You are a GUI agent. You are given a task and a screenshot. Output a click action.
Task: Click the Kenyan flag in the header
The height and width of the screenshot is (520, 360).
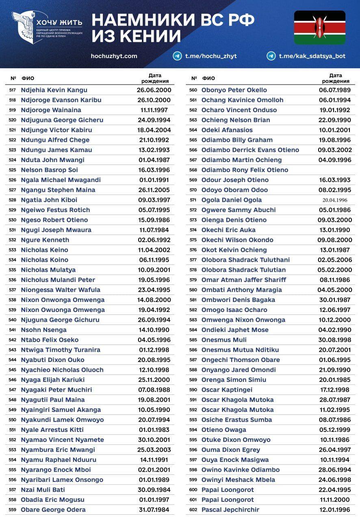(319, 28)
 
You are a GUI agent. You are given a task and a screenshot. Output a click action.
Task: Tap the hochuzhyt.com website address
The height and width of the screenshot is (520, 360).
(114, 56)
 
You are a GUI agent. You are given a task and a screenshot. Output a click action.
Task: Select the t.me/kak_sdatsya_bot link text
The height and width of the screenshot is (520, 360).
(312, 56)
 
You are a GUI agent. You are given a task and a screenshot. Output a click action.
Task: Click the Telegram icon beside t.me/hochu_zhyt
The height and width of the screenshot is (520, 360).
(177, 56)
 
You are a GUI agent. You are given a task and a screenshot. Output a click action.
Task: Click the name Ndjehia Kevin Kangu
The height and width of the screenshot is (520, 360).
(54, 90)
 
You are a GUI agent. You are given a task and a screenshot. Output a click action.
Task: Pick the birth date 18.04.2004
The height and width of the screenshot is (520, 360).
(154, 130)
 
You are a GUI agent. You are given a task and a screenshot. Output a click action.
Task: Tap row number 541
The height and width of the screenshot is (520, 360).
(13, 330)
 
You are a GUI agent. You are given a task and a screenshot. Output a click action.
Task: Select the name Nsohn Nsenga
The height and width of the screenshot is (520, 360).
(43, 330)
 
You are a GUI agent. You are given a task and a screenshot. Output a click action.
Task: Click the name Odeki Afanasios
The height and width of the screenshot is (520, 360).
(227, 130)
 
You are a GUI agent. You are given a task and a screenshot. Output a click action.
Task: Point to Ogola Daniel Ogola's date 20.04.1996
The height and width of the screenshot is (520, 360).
(335, 200)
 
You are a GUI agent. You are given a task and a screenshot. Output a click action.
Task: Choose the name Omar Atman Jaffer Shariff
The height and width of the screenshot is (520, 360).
(243, 280)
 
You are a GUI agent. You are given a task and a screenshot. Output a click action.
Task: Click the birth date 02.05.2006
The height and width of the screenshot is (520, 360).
(335, 260)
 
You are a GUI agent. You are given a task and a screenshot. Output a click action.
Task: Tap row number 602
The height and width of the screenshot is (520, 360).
(193, 510)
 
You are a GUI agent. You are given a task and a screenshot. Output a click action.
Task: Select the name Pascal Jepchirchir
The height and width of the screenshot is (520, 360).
(230, 510)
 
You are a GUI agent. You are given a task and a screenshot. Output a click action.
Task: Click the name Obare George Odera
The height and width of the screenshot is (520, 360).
(53, 510)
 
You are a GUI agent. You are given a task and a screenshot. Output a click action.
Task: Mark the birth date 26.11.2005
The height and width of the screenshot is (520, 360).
(154, 190)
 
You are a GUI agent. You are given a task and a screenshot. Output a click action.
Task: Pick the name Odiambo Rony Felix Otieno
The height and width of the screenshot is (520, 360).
(245, 170)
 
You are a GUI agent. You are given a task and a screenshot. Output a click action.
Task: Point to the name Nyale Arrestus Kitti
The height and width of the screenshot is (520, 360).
(52, 430)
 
